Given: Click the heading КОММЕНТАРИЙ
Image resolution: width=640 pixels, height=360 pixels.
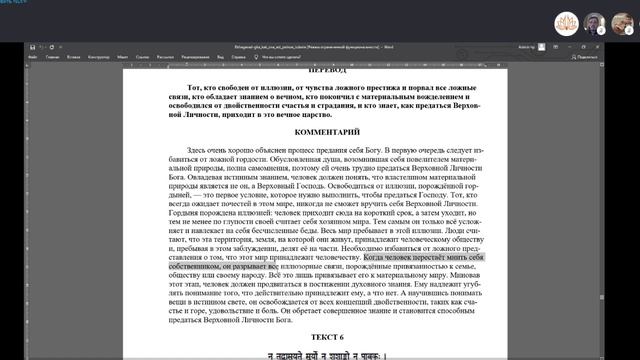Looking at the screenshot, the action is [327, 131].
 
